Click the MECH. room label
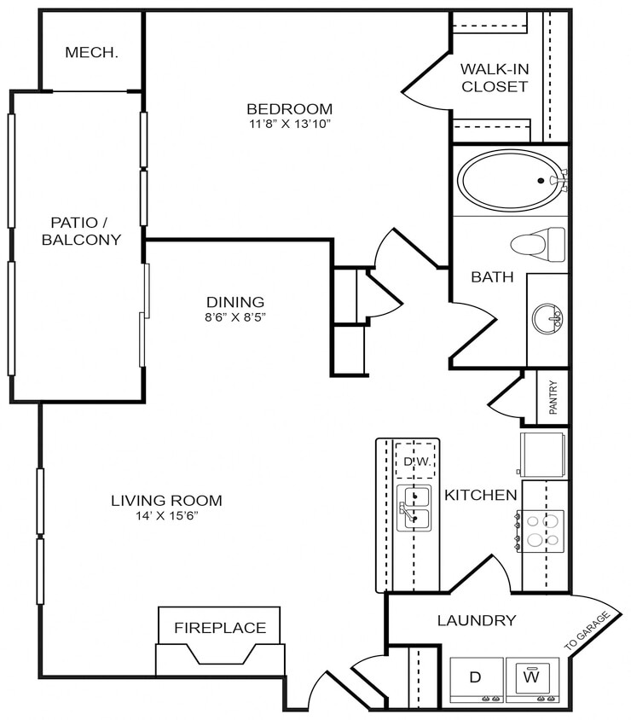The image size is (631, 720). pyautogui.click(x=91, y=53)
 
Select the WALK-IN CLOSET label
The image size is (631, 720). pyautogui.click(x=494, y=78)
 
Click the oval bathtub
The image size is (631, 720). pyautogui.click(x=507, y=180)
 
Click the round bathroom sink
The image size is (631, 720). pyautogui.click(x=547, y=319)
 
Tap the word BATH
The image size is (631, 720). pyautogui.click(x=493, y=276)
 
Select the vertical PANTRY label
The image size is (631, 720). pyautogui.click(x=553, y=398)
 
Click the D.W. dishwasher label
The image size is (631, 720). pyautogui.click(x=414, y=462)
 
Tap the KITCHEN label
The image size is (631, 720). pyautogui.click(x=481, y=495)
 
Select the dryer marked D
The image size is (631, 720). pyautogui.click(x=477, y=679)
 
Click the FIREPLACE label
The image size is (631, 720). pyautogui.click(x=220, y=628)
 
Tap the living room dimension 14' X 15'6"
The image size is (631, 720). pyautogui.click(x=166, y=515)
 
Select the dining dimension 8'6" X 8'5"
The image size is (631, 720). pyautogui.click(x=234, y=317)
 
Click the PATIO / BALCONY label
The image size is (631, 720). pyautogui.click(x=81, y=231)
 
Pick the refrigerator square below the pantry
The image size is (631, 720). pyautogui.click(x=542, y=454)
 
